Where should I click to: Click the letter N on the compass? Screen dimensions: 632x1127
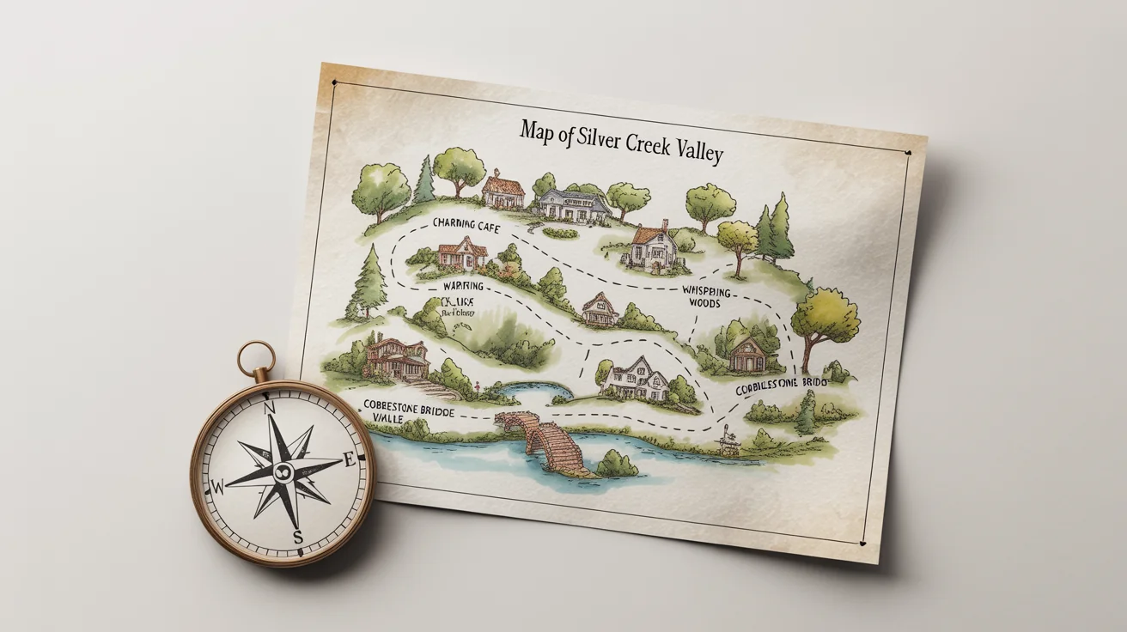269,407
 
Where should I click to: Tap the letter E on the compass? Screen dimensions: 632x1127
349,460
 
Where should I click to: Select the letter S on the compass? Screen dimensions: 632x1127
298,538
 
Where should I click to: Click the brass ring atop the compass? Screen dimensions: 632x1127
256,360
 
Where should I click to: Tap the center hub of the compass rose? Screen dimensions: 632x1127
283,471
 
